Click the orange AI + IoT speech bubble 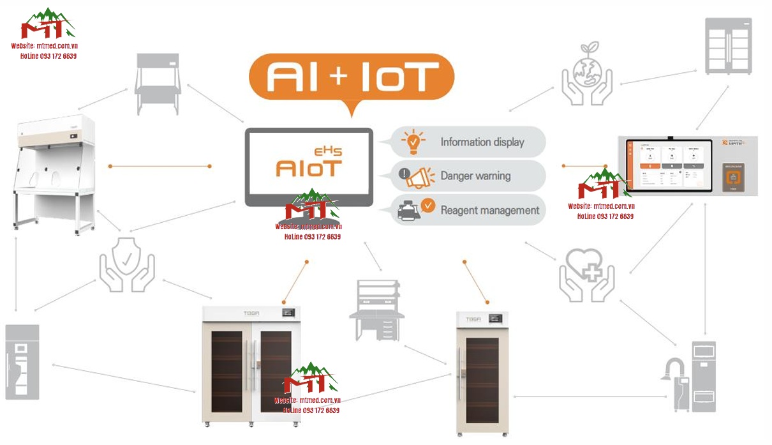[x=351, y=77]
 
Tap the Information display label [x=482, y=142]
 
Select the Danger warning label [x=475, y=176]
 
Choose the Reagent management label [x=489, y=210]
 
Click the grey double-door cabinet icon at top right [x=728, y=45]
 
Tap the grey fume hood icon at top [x=158, y=84]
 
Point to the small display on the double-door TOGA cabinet [x=290, y=313]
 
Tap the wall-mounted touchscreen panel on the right [x=687, y=165]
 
